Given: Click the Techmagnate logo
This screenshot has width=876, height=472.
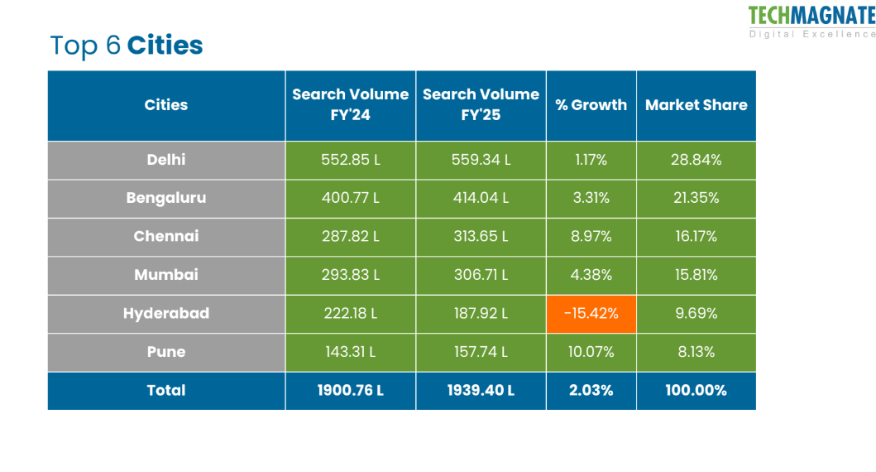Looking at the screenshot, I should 811,21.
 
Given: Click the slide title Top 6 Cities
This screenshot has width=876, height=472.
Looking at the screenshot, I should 127,45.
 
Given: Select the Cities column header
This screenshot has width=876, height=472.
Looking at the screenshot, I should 166,105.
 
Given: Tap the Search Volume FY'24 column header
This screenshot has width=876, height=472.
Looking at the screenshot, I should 350,105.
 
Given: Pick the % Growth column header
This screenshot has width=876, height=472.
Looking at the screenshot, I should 591,105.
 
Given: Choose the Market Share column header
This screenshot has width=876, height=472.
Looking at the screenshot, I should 696,105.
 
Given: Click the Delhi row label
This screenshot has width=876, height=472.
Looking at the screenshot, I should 166,160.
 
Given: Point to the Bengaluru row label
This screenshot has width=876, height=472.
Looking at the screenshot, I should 166,198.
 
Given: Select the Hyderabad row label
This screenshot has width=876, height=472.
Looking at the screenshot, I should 166,313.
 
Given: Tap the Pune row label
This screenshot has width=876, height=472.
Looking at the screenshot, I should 166,352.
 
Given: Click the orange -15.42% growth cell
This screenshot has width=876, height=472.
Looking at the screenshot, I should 591,314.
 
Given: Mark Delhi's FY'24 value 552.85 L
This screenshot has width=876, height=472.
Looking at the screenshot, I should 350,160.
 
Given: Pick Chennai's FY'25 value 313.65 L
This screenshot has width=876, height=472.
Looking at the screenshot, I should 481,236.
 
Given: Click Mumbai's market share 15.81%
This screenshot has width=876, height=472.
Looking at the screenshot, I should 696,275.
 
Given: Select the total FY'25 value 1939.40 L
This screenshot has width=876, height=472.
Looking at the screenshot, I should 481,390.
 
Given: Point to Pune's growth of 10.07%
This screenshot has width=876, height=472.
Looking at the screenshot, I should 591,352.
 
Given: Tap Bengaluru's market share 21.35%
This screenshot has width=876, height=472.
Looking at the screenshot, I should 696,198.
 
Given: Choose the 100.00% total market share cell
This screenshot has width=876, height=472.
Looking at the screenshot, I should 696,390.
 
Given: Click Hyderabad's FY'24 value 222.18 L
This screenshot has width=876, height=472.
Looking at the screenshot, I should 350,313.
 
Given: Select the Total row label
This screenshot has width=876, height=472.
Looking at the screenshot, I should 166,390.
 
